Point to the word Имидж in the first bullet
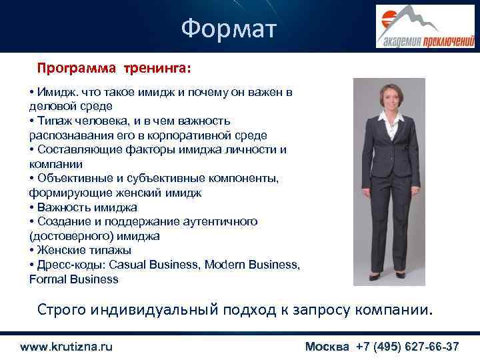point(57,91)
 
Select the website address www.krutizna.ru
point(66,347)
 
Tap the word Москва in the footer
point(327,347)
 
